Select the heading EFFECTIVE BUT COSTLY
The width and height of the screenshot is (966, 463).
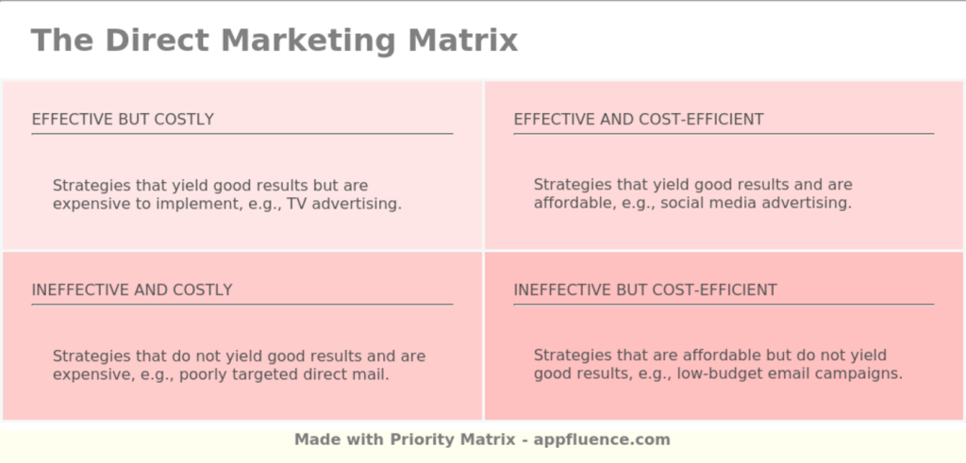click(x=123, y=120)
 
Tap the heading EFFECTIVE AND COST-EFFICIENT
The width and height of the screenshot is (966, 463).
click(x=638, y=120)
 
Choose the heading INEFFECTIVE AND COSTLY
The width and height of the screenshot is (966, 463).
click(x=132, y=290)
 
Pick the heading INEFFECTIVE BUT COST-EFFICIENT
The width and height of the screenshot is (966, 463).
click(x=645, y=290)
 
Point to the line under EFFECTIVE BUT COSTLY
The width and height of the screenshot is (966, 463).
click(x=241, y=134)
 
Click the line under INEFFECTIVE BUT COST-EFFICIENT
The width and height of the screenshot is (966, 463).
click(x=724, y=305)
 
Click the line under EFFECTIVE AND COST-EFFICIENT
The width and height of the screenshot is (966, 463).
click(x=724, y=134)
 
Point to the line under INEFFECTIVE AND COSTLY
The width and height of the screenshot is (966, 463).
click(x=241, y=305)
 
